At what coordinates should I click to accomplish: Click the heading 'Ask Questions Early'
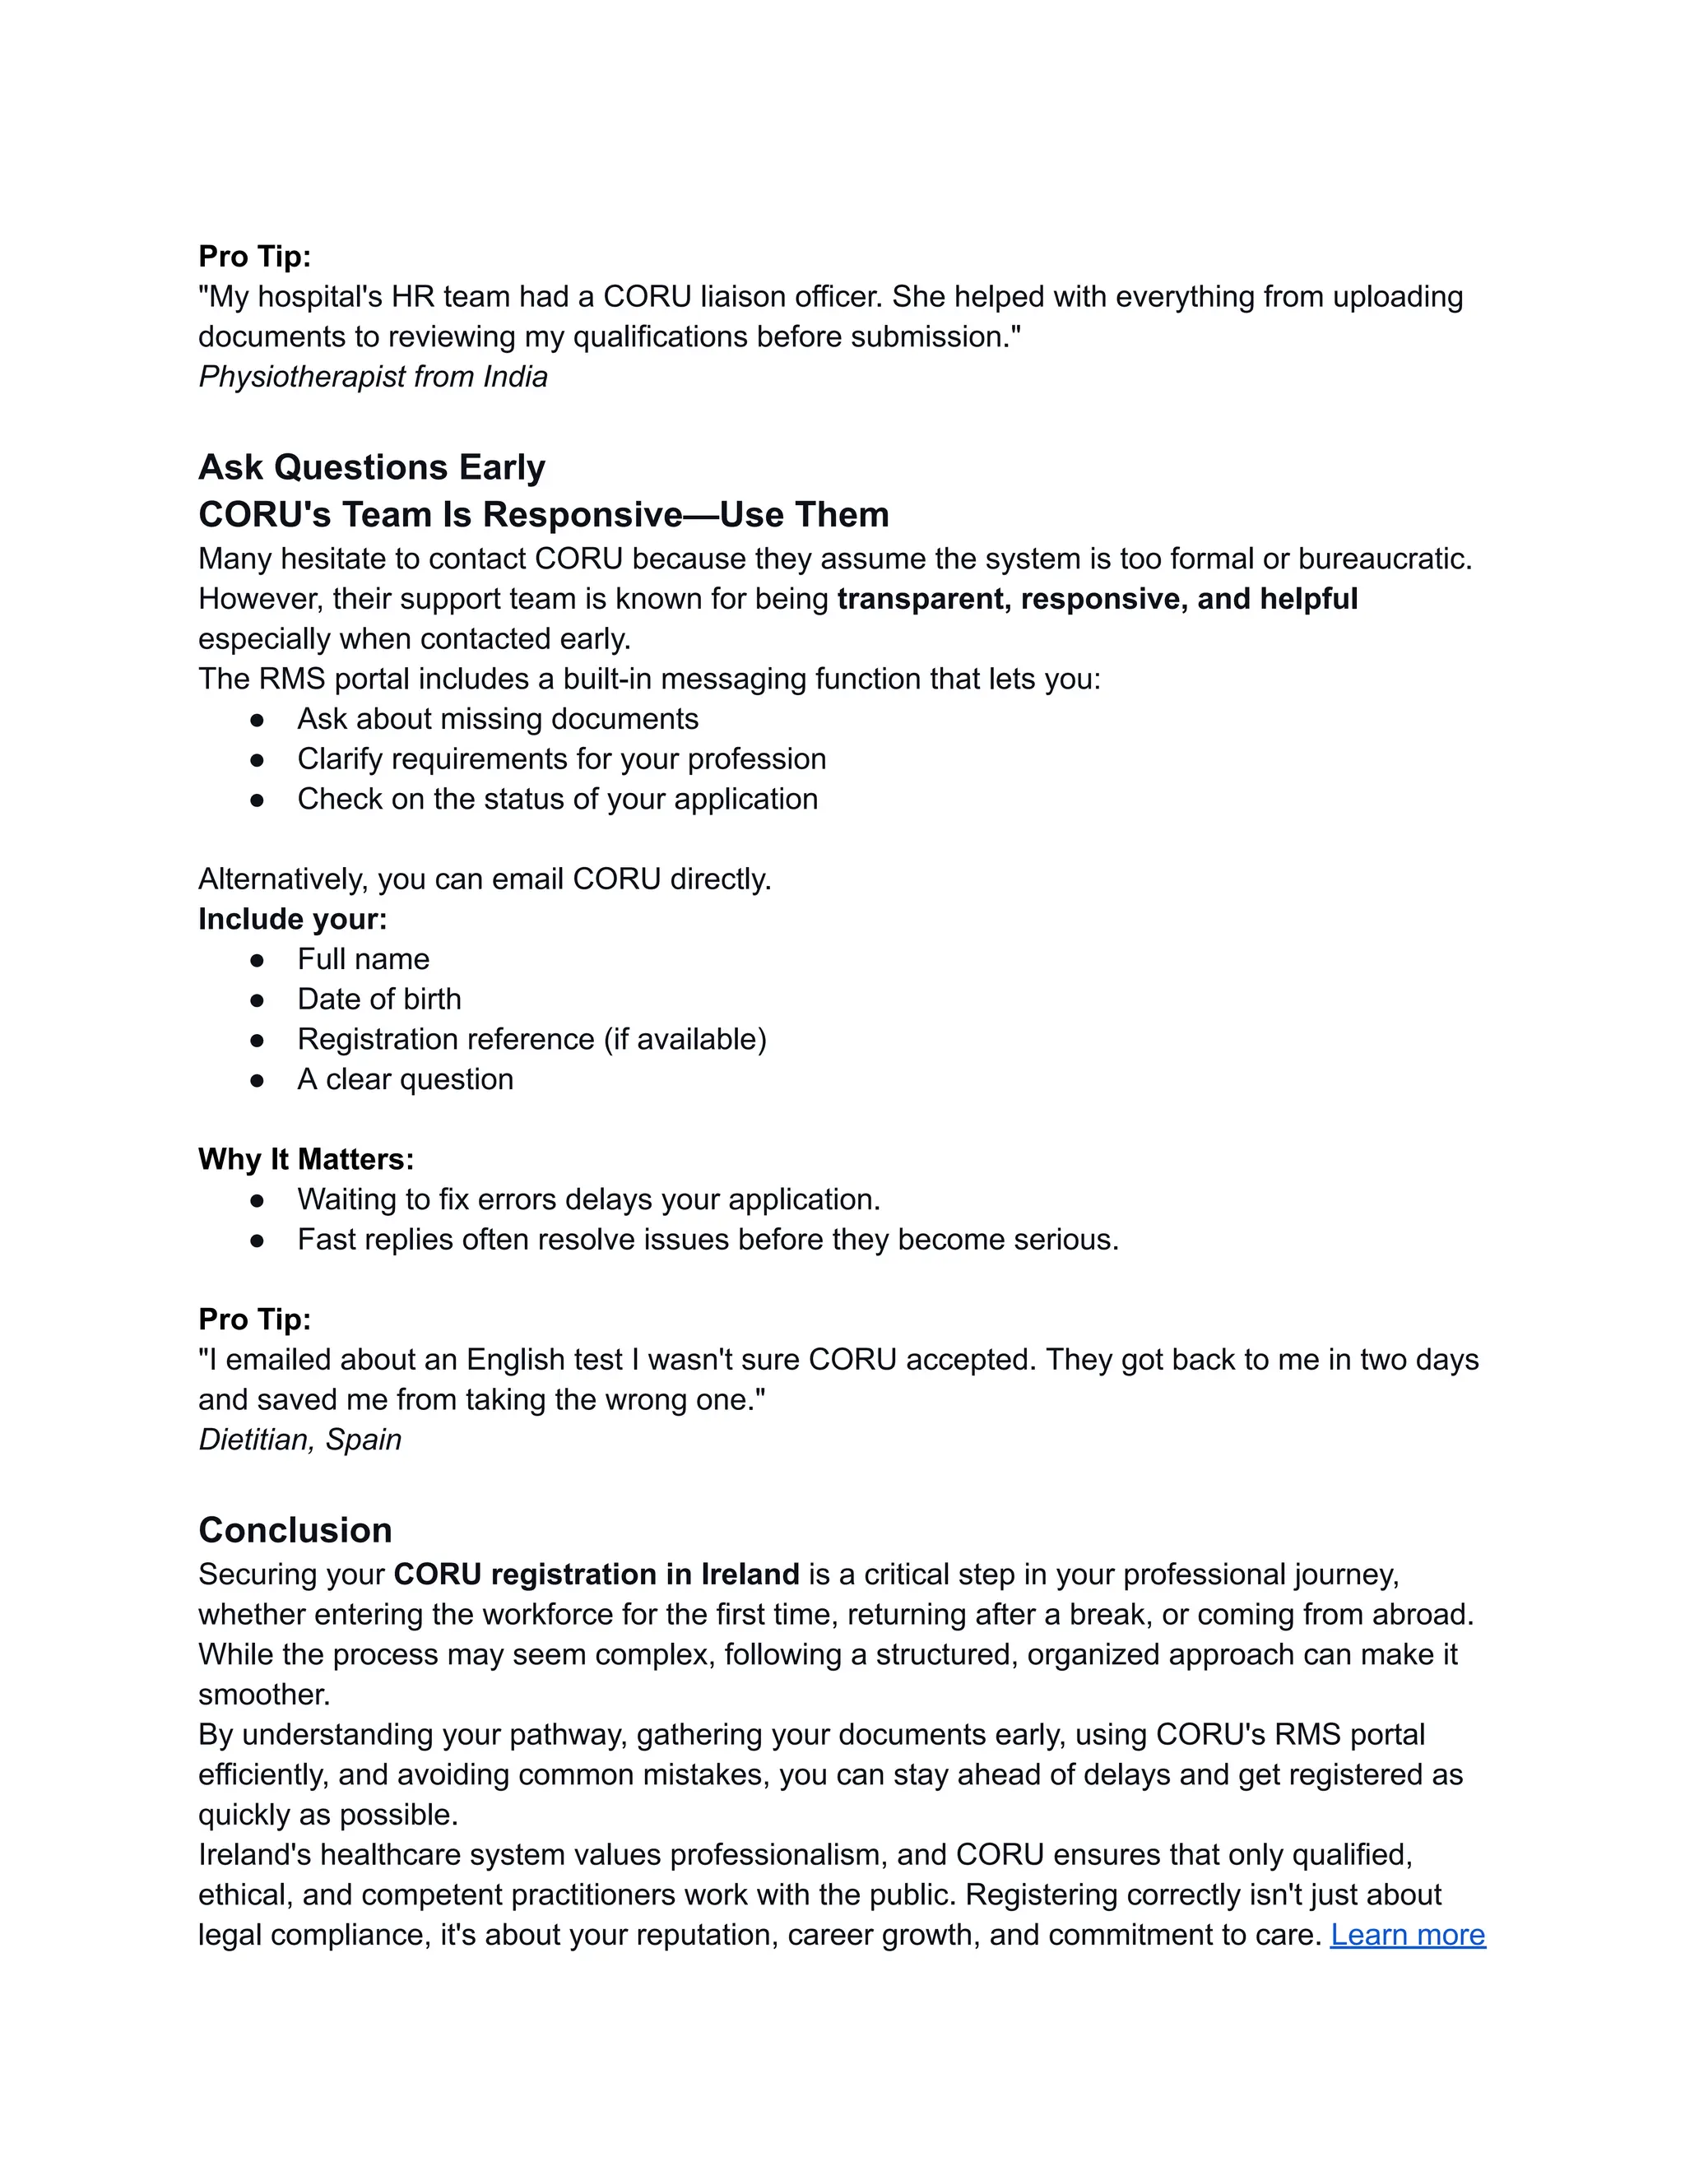[371, 467]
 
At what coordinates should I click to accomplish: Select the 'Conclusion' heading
[295, 1530]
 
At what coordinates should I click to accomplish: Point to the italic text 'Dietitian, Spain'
[299, 1440]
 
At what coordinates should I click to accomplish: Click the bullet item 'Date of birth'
[378, 1000]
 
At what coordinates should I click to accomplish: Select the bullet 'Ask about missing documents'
[497, 719]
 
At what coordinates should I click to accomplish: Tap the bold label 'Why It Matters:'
[305, 1159]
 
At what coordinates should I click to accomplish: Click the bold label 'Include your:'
[291, 920]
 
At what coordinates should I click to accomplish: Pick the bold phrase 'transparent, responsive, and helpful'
[1096, 599]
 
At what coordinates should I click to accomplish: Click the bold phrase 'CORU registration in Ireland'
[596, 1574]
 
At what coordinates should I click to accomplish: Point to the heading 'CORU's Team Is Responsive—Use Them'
[543, 515]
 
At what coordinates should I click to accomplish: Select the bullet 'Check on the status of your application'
[557, 799]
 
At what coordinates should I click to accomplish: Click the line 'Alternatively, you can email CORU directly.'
[484, 879]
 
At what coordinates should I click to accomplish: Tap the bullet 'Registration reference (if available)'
[531, 1039]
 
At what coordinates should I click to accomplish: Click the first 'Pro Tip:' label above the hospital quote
[254, 257]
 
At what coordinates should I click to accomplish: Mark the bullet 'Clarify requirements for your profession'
[561, 758]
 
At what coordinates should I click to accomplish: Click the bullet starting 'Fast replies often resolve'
[707, 1239]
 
